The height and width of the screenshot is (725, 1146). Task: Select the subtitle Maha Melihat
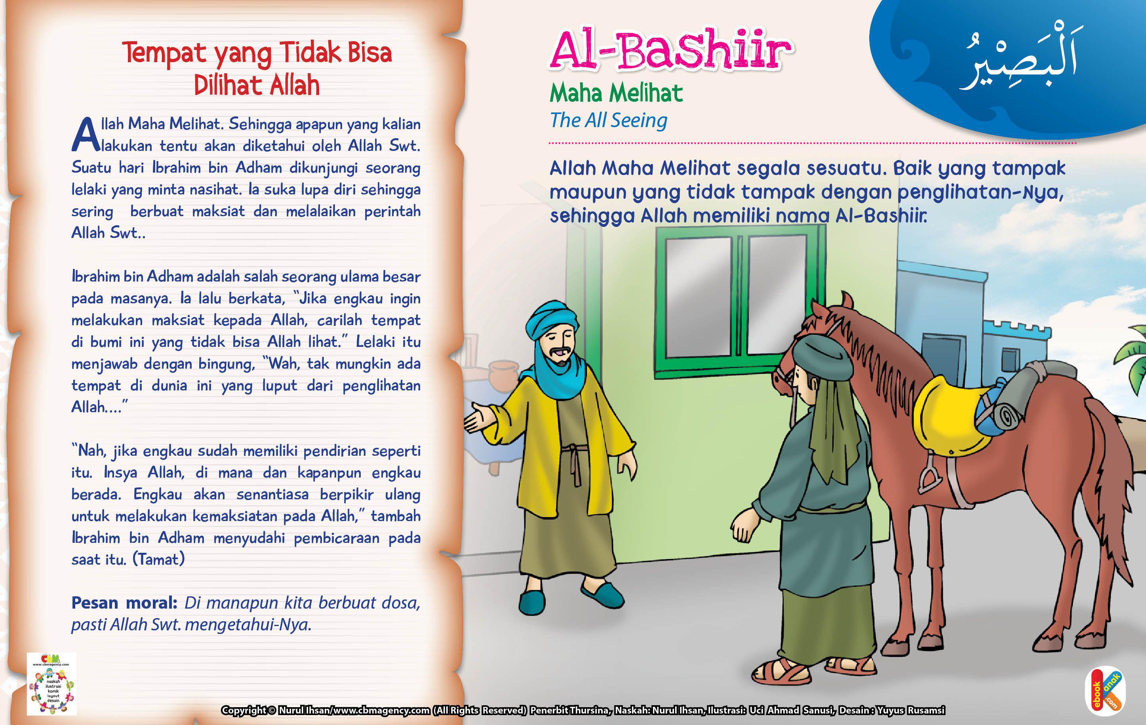coord(616,93)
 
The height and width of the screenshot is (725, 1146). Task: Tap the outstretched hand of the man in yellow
coord(478,419)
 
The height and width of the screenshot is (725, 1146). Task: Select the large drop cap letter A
coord(86,135)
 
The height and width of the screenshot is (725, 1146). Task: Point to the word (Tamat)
coord(158,559)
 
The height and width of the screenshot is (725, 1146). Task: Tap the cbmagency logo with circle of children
coord(52,685)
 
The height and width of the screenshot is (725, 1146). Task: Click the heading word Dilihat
coord(224,86)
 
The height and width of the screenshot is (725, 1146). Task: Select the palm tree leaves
coord(1133,352)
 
